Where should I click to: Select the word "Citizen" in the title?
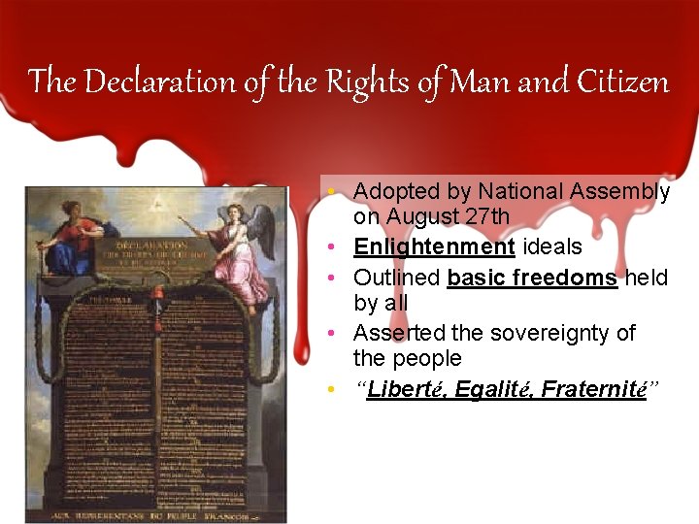621,82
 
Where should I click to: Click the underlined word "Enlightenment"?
434,247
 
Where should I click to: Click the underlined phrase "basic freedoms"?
532,278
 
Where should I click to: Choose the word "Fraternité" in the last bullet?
594,390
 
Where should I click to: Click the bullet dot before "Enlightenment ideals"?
331,247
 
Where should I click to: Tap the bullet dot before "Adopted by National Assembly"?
331,192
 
